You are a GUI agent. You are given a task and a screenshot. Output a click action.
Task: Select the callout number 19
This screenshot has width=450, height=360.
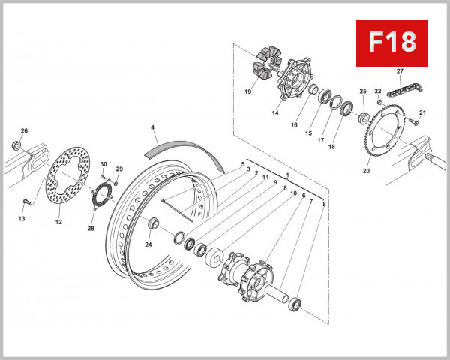click(x=248, y=91)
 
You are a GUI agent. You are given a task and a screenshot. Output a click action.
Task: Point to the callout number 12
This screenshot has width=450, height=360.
click(x=58, y=221)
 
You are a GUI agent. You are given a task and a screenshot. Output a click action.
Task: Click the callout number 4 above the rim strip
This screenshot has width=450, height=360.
click(x=152, y=128)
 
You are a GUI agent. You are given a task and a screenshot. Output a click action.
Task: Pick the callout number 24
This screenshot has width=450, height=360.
click(x=148, y=244)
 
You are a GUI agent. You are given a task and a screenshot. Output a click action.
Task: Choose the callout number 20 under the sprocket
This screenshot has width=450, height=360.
click(x=367, y=171)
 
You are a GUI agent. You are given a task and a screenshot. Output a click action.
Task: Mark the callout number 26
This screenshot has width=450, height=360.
click(x=24, y=131)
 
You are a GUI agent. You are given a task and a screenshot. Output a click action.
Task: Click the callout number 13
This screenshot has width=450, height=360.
click(x=22, y=219)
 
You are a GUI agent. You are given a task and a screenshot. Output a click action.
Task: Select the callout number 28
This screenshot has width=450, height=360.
click(x=91, y=229)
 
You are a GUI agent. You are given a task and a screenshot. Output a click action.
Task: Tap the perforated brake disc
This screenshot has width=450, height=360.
click(x=67, y=180)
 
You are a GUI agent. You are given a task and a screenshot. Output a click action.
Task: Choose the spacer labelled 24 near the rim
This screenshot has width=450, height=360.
click(x=153, y=223)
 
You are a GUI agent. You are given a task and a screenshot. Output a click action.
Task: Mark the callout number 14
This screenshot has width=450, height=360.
click(x=275, y=112)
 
